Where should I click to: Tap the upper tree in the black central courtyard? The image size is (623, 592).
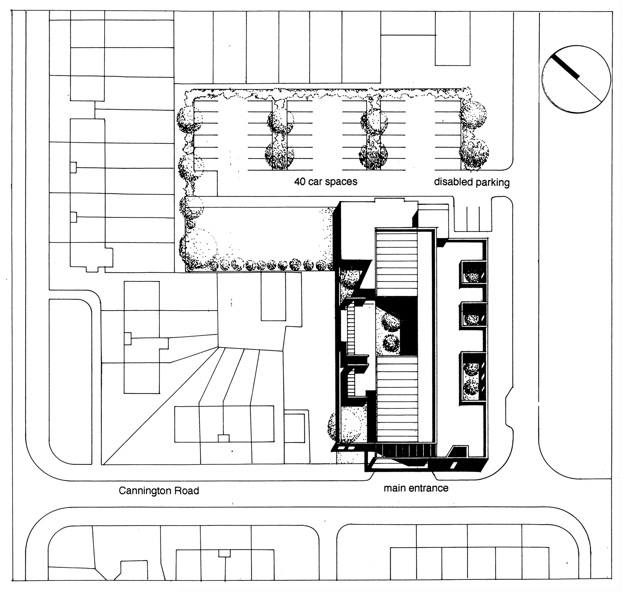(391, 321)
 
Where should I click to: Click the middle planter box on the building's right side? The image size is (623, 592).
(473, 315)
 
